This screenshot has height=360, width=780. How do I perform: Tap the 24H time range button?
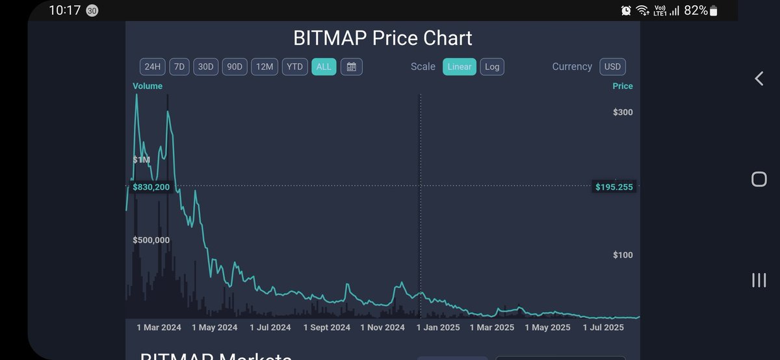[152, 67]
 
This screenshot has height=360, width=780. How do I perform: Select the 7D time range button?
[179, 67]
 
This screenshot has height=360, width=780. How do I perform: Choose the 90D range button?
[234, 67]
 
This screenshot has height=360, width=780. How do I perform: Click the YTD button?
[294, 67]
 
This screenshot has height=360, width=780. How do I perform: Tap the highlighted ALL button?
[324, 67]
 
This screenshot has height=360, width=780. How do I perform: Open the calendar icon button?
[352, 67]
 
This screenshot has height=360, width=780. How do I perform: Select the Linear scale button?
[460, 67]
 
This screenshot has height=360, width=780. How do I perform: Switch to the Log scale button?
[492, 67]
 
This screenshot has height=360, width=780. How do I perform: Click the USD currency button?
[612, 67]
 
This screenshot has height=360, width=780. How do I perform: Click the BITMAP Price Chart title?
[383, 38]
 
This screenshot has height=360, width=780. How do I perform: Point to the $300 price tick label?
[623, 112]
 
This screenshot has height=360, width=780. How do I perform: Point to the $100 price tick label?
[623, 255]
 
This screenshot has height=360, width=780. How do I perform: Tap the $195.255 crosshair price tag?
[614, 187]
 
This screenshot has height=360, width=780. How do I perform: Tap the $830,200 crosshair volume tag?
[151, 187]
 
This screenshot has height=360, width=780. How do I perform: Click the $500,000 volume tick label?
[151, 240]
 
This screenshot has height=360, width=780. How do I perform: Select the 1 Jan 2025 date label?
[437, 328]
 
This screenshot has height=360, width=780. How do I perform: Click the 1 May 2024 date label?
[214, 328]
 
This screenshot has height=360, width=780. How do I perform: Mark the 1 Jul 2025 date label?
[604, 328]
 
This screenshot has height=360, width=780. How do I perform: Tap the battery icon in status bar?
[714, 10]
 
